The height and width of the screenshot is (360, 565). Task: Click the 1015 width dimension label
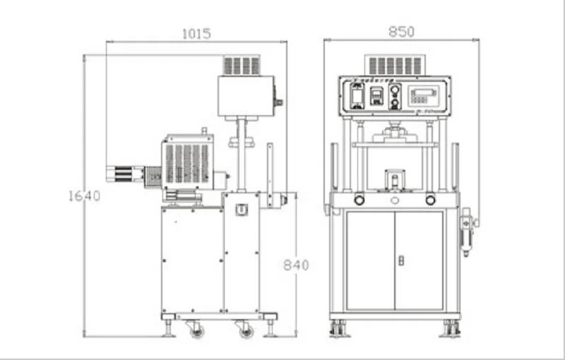[196, 33]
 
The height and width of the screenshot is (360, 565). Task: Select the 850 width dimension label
[401, 32]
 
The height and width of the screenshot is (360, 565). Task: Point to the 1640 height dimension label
[84, 196]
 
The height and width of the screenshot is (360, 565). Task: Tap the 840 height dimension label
[296, 265]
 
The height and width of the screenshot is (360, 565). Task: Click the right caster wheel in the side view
[245, 329]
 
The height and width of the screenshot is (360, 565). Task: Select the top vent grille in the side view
[242, 66]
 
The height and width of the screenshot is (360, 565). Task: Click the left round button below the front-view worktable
[359, 200]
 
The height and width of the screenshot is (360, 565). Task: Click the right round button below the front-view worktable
[430, 200]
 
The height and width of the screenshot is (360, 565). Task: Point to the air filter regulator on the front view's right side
[466, 233]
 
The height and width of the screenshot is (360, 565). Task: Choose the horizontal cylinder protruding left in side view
[125, 174]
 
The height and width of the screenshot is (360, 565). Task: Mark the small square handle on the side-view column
[242, 210]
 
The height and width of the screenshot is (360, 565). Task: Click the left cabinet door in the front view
[370, 260]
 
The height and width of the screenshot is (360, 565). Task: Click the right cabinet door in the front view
[420, 260]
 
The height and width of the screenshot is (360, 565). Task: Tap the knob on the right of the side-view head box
[278, 102]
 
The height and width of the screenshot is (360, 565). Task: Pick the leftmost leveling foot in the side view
[169, 329]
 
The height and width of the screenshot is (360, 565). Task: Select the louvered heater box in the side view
[186, 162]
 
